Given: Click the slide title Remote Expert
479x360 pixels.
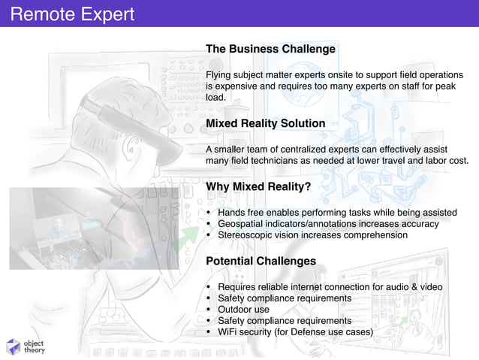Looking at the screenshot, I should click(73, 14).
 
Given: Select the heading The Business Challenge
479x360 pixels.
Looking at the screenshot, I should click(270, 49).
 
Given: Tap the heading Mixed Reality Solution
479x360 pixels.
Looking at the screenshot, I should click(265, 123).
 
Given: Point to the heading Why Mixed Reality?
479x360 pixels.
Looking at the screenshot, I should click(258, 186).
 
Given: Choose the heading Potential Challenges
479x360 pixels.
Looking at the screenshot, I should click(261, 261).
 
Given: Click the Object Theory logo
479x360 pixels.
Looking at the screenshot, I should click(26, 344).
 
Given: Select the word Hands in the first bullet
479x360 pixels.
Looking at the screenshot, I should click(232, 213).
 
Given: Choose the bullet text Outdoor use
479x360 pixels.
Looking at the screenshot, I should click(243, 310).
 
